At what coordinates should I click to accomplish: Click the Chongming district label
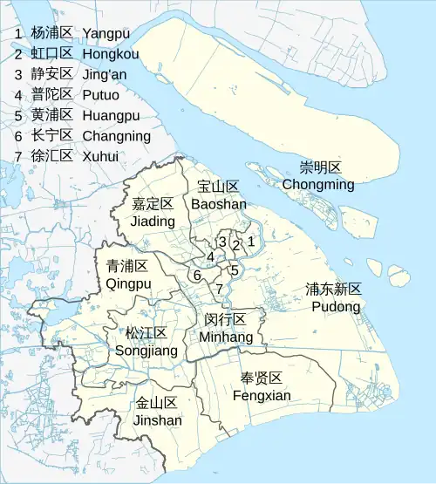pyautogui.click(x=318, y=176)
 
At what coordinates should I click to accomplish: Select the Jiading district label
pyautogui.click(x=153, y=213)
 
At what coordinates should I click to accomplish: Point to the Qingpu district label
pyautogui.click(x=128, y=275)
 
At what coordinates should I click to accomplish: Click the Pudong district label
pyautogui.click(x=335, y=298)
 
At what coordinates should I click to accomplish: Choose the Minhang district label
pyautogui.click(x=226, y=328)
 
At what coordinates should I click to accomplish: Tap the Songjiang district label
pyautogui.click(x=146, y=342)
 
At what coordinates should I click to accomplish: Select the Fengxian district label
pyautogui.click(x=262, y=386)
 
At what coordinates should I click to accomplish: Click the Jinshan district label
pyautogui.click(x=158, y=412)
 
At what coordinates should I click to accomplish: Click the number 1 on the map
pyautogui.click(x=251, y=242)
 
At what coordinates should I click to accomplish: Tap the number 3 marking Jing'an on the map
pyautogui.click(x=223, y=242)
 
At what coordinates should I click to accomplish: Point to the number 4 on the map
pyautogui.click(x=210, y=257)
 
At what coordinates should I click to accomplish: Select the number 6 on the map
pyautogui.click(x=198, y=276)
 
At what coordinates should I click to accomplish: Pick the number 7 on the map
pyautogui.click(x=220, y=289)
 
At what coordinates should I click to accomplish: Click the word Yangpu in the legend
pyautogui.click(x=106, y=33)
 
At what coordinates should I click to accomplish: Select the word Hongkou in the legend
pyautogui.click(x=111, y=54)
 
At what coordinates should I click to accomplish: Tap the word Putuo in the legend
pyautogui.click(x=101, y=95)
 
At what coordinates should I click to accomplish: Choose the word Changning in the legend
pyautogui.click(x=116, y=136)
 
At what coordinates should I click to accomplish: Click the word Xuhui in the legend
pyautogui.click(x=101, y=157)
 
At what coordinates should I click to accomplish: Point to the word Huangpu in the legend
pyautogui.click(x=111, y=116)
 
